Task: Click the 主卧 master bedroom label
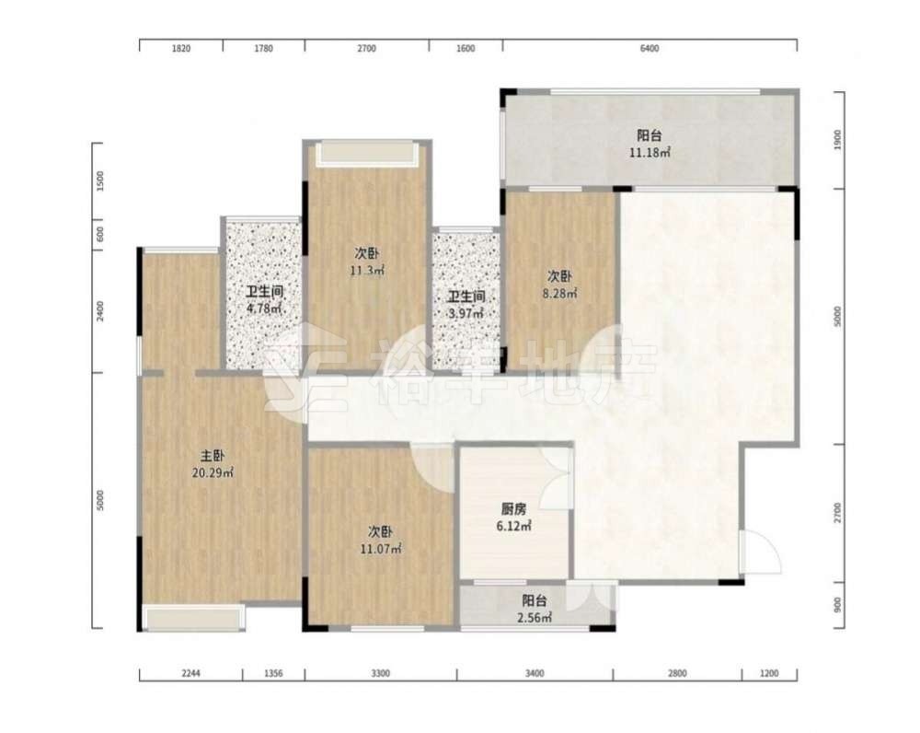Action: tap(213, 456)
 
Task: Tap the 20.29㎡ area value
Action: tap(213, 472)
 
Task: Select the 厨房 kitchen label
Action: tap(513, 509)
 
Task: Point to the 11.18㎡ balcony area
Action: tap(650, 153)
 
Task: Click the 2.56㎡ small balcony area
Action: tap(534, 617)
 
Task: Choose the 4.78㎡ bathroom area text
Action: tap(265, 308)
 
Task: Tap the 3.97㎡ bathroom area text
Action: tap(466, 313)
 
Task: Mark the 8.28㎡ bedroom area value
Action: tap(559, 293)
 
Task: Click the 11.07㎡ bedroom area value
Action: tap(380, 549)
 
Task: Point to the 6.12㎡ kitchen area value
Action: tap(513, 526)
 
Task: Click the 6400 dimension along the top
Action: tap(650, 48)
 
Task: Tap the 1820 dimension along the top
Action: tap(180, 48)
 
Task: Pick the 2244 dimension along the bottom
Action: tap(190, 673)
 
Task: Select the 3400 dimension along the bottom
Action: tap(535, 673)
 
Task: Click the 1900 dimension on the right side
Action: tap(837, 140)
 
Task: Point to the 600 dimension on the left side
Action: tap(99, 234)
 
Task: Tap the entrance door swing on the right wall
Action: tap(761, 552)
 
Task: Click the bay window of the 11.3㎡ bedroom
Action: tap(367, 154)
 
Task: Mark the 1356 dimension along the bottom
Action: tap(273, 673)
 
